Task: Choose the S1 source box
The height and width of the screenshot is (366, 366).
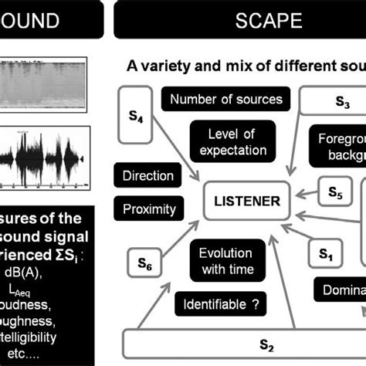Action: point(325,252)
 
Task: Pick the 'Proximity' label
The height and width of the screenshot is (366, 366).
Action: point(149,208)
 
